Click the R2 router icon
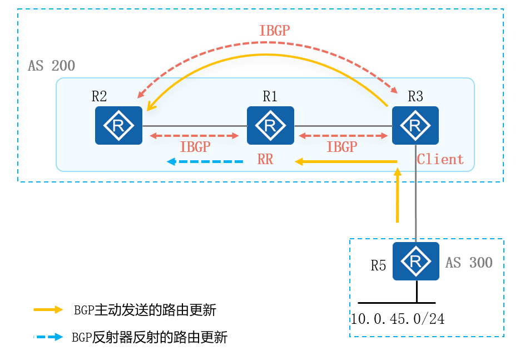[x=118, y=126]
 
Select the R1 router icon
[x=270, y=126]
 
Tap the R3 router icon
[x=415, y=126]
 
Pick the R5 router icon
[x=415, y=261]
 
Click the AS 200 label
[x=51, y=66]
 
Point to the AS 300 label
[x=469, y=263]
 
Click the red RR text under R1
[x=265, y=160]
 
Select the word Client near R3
[x=440, y=160]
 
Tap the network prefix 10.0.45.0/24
[x=398, y=319]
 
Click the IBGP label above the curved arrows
[x=274, y=31]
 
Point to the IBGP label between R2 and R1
[x=195, y=147]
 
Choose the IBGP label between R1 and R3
[x=341, y=147]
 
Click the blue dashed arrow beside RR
[x=206, y=162]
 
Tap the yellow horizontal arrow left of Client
[x=345, y=162]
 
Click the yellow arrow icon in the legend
[x=48, y=310]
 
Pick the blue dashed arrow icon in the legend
[x=48, y=337]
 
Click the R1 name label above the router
[x=270, y=96]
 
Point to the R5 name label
[x=378, y=265]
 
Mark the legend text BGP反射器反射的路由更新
[x=150, y=337]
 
